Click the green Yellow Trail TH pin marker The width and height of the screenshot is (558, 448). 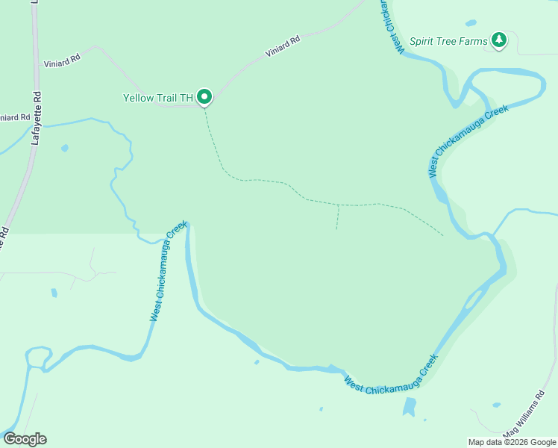point(204,97)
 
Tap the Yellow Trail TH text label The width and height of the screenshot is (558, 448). point(158,98)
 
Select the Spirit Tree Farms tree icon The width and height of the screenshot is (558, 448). point(498,40)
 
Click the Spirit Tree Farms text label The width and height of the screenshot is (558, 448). point(448,41)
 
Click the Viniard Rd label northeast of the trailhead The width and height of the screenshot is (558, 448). point(283,46)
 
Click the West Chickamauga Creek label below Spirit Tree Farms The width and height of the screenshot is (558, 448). point(468,140)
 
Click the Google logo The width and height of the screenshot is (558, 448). point(24,439)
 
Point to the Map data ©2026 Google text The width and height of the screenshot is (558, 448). point(512,442)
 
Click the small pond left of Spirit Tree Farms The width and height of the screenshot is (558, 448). point(471,23)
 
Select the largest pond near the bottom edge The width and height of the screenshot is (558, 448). point(409,407)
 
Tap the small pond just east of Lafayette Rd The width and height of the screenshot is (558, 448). point(64,148)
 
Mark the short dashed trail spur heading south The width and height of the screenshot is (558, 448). point(337,217)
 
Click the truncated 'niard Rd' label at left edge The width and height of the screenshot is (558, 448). point(15,118)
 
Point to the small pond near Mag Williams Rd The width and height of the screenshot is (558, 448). point(496,405)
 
